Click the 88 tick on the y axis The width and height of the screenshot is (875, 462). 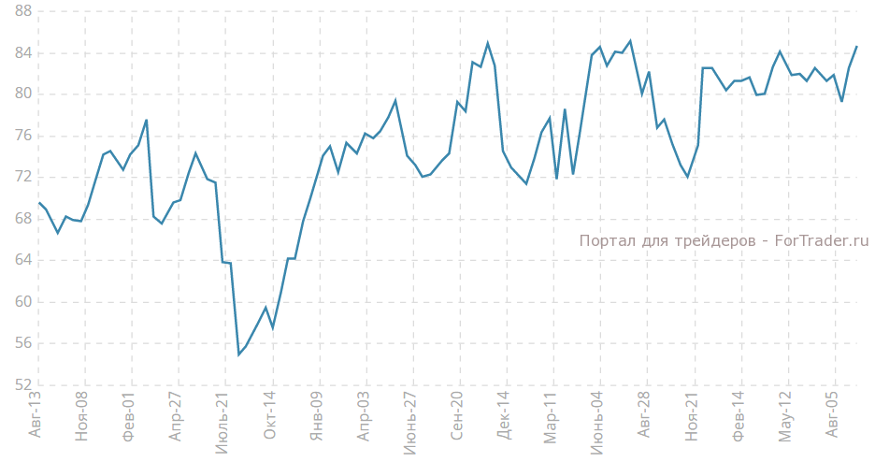[20, 11]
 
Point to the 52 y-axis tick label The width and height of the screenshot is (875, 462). [20, 385]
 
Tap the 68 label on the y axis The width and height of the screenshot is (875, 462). [20, 219]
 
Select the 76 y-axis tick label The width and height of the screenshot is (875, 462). [20, 136]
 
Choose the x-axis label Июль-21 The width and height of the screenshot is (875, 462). [223, 423]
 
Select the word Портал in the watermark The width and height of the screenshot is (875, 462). [605, 241]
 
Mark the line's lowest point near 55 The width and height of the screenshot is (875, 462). [238, 354]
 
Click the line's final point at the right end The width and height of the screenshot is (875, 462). [856, 47]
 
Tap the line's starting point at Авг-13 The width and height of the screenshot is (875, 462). [38, 202]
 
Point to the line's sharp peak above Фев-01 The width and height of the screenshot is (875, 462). [147, 120]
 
